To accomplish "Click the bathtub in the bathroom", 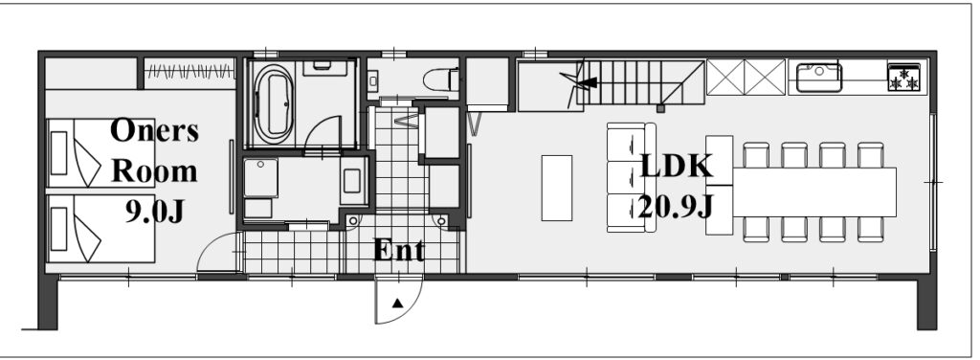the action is point(272,104).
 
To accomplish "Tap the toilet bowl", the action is point(441,79).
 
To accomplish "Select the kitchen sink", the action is point(819,78).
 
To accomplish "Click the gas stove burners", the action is point(903,77).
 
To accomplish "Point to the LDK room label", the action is point(677,167).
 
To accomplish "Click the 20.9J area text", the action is point(675,205).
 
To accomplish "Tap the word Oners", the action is point(154,130).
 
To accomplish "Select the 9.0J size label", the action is point(155,212).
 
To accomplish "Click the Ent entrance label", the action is point(399,251).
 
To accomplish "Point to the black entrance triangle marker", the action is point(397,304).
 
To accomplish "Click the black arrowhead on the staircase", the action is point(589,82).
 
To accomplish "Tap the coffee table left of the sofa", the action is point(556,188).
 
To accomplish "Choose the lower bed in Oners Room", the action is point(100,228).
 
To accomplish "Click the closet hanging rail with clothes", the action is point(189,71).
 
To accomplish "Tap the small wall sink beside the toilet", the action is point(374,80).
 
